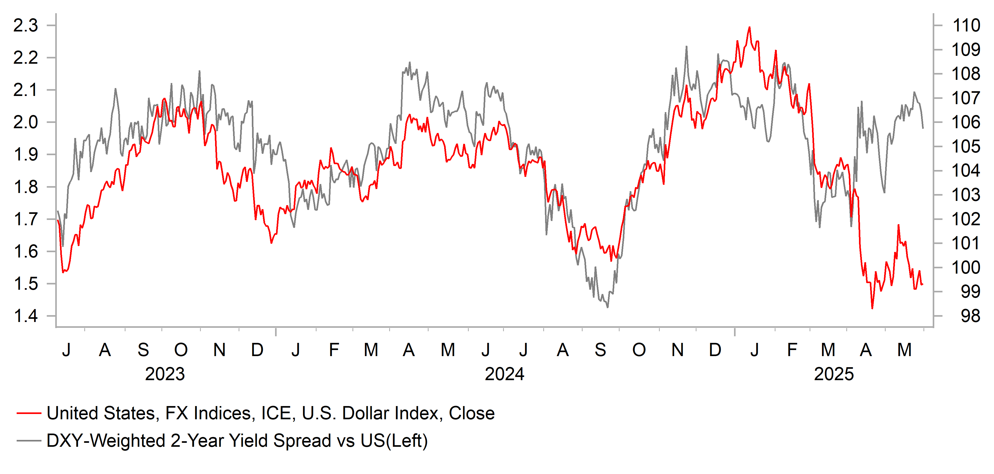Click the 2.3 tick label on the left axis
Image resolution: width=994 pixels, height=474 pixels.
pyautogui.click(x=25, y=25)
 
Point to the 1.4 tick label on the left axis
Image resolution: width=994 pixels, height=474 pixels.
pyautogui.click(x=25, y=316)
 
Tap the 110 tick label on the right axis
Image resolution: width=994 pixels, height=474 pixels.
pyautogui.click(x=966, y=25)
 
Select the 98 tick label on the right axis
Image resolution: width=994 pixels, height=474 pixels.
pyautogui.click(x=970, y=316)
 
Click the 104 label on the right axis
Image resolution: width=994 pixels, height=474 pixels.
pyautogui.click(x=966, y=171)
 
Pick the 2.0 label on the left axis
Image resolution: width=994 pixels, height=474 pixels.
pyautogui.click(x=25, y=122)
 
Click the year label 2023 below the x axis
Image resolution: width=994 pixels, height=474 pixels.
pyautogui.click(x=165, y=374)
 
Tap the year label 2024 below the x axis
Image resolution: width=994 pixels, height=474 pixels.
pyautogui.click(x=504, y=374)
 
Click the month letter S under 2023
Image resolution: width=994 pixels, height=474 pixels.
pyautogui.click(x=143, y=350)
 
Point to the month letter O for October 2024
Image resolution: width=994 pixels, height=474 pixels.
pyautogui.click(x=639, y=350)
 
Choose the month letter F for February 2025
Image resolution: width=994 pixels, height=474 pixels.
pyautogui.click(x=792, y=350)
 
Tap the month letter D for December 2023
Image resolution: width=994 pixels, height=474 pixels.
pyautogui.click(x=257, y=350)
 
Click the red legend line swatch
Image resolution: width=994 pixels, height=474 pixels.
pyautogui.click(x=29, y=413)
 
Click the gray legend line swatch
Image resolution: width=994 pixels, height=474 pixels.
pyautogui.click(x=29, y=441)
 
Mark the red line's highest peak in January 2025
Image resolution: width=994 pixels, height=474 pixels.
pyautogui.click(x=749, y=27)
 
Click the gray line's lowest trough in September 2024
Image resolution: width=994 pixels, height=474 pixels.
pyautogui.click(x=608, y=307)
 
